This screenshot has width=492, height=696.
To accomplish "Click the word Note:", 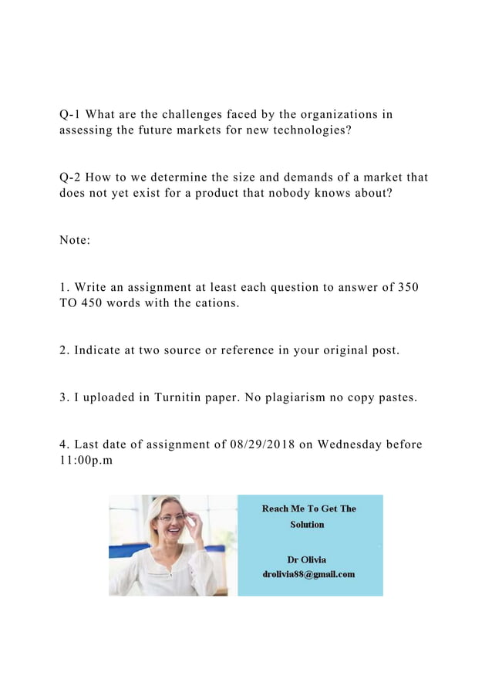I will (x=75, y=240).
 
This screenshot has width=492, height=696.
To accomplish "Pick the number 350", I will (x=407, y=288).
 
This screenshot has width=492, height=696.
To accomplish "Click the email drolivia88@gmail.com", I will (x=308, y=573).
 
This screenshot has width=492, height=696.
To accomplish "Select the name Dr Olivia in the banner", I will (x=307, y=559).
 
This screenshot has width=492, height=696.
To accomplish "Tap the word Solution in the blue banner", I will (x=307, y=524).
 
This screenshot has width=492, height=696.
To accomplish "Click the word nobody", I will (x=290, y=193).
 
